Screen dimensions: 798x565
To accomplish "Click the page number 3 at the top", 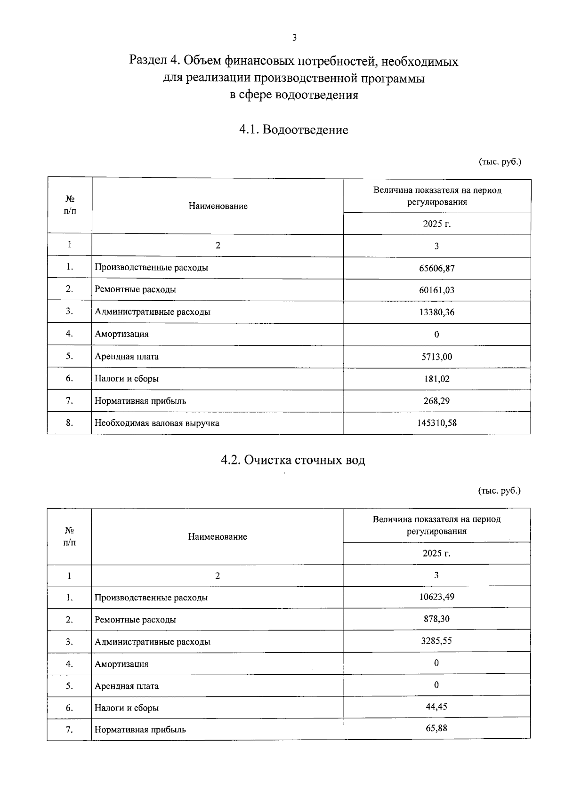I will click(294, 38).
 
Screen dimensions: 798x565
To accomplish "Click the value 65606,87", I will click(436, 268).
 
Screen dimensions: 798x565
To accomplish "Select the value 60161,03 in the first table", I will click(436, 290).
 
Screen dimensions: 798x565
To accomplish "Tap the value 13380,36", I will click(436, 312).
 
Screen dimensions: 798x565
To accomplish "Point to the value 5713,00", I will click(436, 357).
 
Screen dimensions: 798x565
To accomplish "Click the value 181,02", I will click(436, 379).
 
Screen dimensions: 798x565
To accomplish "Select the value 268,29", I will click(436, 401).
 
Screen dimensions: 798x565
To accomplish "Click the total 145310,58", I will click(436, 423).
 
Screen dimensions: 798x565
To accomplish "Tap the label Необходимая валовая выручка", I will click(157, 423).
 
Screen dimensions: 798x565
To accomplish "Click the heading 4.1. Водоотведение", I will click(294, 130).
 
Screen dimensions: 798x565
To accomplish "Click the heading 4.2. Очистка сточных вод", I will click(293, 460).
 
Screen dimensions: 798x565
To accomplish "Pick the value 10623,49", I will click(436, 597).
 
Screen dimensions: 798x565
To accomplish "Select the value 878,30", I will click(436, 619).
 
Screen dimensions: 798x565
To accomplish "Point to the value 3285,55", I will click(436, 641).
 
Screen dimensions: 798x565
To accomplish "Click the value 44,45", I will click(436, 706).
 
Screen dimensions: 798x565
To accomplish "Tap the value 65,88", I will click(436, 728).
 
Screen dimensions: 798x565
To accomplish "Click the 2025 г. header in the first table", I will click(436, 223).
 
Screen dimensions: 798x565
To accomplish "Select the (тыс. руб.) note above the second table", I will click(500, 491).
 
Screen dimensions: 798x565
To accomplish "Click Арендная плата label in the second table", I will click(126, 686).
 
